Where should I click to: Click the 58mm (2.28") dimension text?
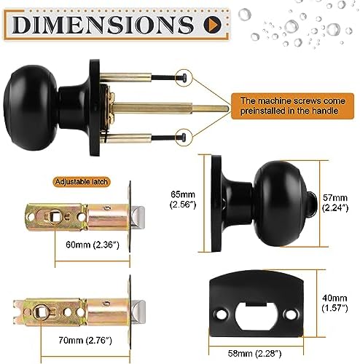click(x=256, y=353)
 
